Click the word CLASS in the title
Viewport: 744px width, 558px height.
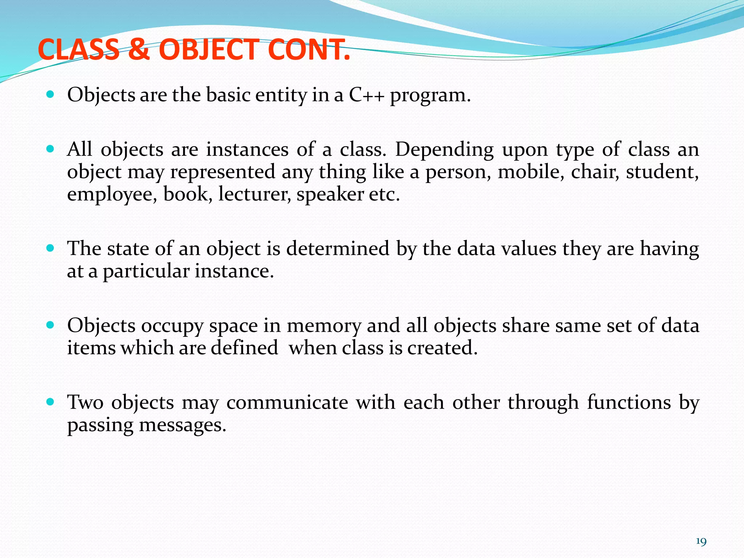78,50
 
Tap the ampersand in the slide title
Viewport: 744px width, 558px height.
139,50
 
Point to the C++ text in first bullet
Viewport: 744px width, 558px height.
366,95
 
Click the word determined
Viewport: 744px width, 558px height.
337,249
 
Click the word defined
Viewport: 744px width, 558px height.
244,348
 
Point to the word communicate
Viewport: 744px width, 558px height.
287,403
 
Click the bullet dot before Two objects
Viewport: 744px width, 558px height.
50,402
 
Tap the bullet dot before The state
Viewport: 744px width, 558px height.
50,248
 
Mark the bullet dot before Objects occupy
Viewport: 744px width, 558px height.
50,325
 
